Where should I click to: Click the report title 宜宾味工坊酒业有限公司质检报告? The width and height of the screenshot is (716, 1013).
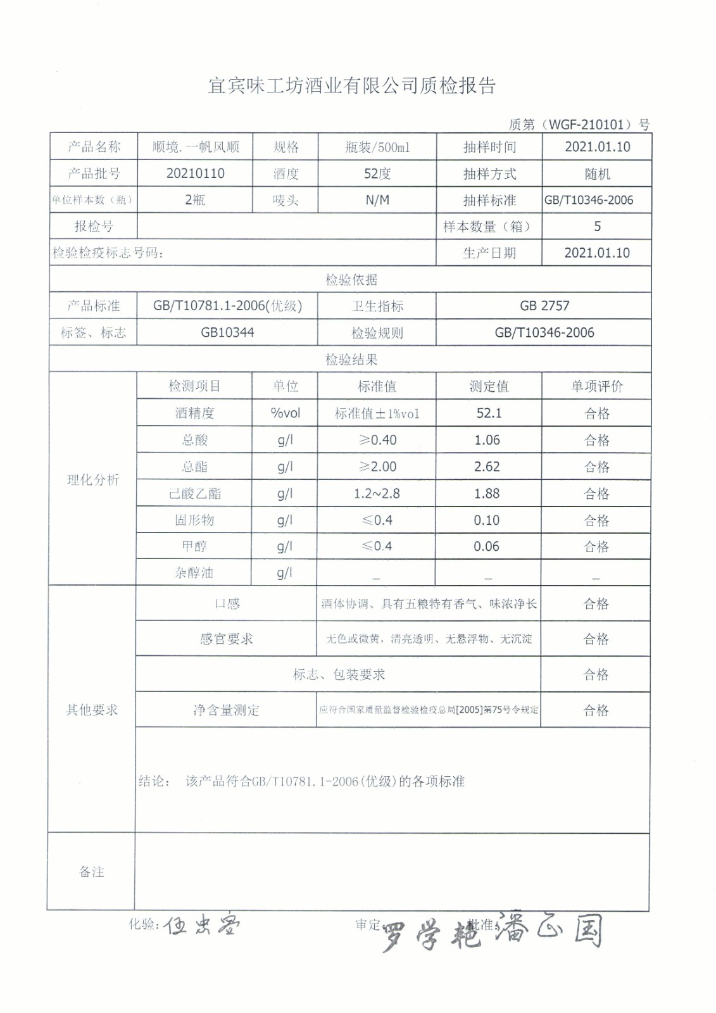click(351, 86)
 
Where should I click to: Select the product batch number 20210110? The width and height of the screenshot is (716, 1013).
click(195, 173)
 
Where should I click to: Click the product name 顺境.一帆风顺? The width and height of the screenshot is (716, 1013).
click(195, 147)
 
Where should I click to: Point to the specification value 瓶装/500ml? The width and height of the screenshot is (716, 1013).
click(377, 147)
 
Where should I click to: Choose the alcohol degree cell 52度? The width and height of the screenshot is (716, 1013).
click(377, 173)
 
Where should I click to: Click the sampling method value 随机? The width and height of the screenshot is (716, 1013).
click(597, 173)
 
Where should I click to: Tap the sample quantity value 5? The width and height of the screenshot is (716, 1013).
click(597, 226)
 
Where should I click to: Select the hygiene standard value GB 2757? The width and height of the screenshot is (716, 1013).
click(544, 306)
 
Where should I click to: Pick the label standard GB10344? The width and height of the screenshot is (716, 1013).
click(227, 332)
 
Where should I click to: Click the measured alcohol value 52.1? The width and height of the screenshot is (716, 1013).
click(489, 413)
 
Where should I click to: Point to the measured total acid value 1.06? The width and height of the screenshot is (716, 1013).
click(487, 440)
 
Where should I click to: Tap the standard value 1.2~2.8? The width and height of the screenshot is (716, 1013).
click(377, 493)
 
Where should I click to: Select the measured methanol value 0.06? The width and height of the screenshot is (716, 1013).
click(486, 546)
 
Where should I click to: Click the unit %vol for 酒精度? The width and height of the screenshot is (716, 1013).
click(285, 413)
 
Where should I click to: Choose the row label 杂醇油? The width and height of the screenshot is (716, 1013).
click(194, 573)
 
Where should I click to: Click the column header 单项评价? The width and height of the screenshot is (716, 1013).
click(596, 386)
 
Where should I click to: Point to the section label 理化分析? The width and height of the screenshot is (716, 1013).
click(93, 479)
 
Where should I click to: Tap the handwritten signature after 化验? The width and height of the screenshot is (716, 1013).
click(201, 926)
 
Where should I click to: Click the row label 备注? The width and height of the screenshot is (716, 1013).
click(91, 872)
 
